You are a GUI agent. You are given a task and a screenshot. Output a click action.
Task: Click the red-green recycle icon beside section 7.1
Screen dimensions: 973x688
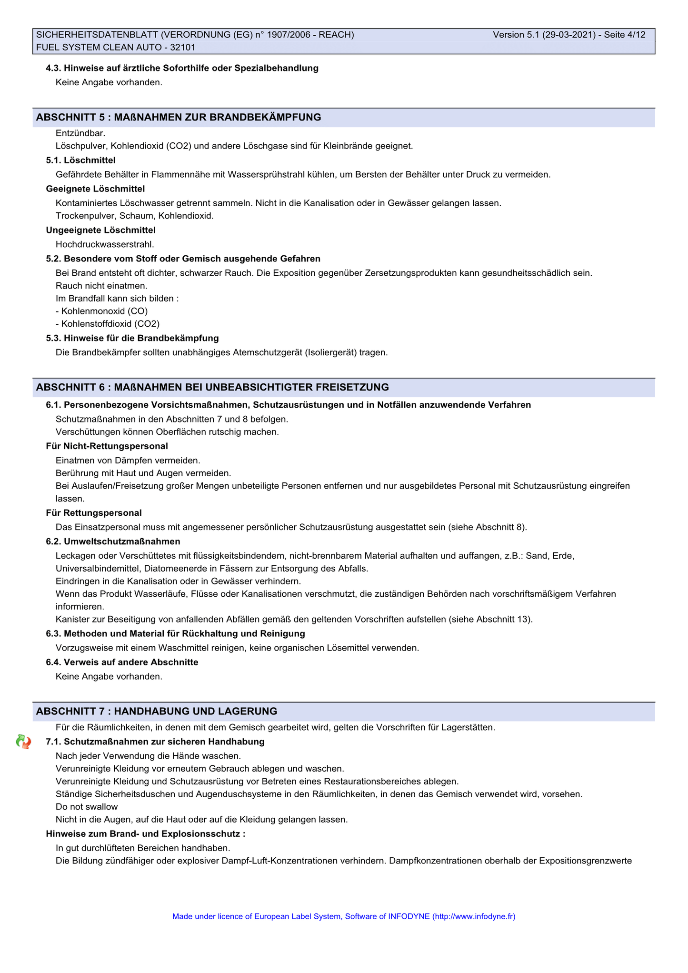[x=23, y=742]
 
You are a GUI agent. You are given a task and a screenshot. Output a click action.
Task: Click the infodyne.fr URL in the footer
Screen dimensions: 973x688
[x=474, y=916]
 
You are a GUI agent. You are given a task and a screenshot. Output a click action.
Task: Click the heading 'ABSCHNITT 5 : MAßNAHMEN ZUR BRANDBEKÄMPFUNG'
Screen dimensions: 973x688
[x=179, y=117]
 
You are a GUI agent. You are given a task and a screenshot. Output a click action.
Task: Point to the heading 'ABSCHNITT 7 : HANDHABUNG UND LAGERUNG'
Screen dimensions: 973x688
[x=157, y=711]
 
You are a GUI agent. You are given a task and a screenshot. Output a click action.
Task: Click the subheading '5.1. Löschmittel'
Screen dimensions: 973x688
[x=80, y=160]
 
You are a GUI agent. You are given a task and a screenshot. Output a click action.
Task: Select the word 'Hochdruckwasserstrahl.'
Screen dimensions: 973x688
[x=105, y=244]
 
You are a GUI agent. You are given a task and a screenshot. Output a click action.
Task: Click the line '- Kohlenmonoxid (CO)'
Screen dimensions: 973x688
[x=101, y=311]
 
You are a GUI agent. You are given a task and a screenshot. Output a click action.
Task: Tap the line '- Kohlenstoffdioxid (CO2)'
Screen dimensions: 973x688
[x=108, y=324]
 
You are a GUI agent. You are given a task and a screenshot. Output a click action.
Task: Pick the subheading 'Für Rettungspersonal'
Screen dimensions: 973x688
[x=94, y=512]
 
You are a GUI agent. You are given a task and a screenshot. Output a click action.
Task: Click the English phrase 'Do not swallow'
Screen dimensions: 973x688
[x=87, y=806]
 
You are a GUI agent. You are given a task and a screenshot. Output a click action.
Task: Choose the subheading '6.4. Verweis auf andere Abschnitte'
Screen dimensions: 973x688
[x=122, y=662]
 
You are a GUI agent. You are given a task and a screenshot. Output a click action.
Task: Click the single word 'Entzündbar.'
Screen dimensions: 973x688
[x=80, y=133]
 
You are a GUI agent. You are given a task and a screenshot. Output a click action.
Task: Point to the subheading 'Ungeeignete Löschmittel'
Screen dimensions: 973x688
[x=101, y=230]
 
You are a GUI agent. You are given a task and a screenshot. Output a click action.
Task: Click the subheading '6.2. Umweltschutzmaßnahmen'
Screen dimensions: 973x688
[x=113, y=541]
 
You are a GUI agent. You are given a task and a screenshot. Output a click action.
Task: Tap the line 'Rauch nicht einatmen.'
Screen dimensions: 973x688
[x=101, y=286]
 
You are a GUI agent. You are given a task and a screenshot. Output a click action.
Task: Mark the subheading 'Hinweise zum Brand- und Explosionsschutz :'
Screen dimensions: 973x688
[x=146, y=833]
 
